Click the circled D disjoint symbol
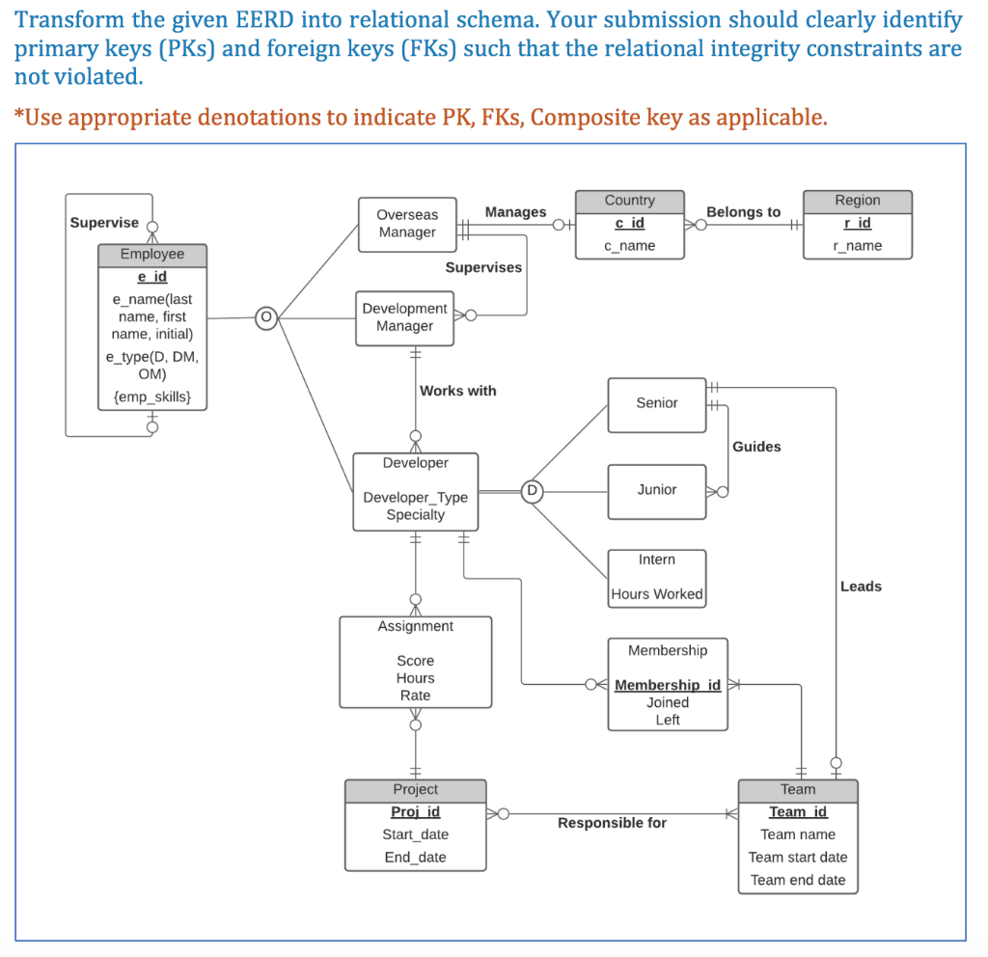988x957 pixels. click(x=532, y=491)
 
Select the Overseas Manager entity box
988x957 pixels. click(x=407, y=224)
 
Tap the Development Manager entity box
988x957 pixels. click(x=404, y=317)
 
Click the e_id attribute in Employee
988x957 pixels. click(x=152, y=277)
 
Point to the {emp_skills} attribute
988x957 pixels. click(x=152, y=396)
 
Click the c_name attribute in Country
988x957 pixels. click(x=629, y=246)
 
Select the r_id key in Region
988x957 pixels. click(x=857, y=223)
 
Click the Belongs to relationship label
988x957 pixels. click(x=743, y=212)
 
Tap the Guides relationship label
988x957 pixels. click(x=756, y=447)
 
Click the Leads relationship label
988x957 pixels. click(x=861, y=587)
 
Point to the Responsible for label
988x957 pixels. click(x=612, y=823)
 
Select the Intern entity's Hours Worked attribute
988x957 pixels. click(x=656, y=594)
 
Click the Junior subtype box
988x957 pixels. click(x=656, y=490)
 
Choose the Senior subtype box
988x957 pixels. click(x=656, y=403)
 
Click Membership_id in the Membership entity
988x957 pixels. click(x=668, y=685)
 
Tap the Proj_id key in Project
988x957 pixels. click(x=415, y=812)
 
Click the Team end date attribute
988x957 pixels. click(x=798, y=880)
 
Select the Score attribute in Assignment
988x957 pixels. click(x=415, y=661)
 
